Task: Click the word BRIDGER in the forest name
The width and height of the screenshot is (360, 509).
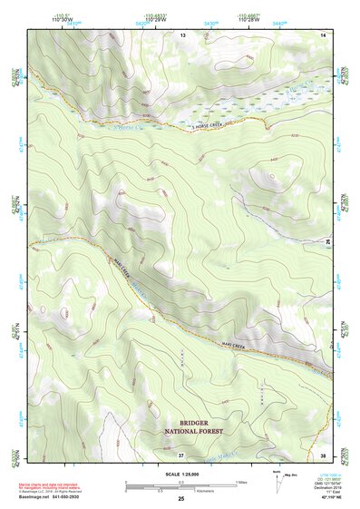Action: coord(194,423)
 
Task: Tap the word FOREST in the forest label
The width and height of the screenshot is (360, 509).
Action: coord(211,432)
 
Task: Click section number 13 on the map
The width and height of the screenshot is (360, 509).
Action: coord(182,34)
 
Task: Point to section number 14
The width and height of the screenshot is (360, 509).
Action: coord(323,34)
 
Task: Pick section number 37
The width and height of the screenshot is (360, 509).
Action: coord(182,454)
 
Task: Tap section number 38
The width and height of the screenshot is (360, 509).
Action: coord(323,454)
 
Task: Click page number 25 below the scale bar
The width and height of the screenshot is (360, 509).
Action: coord(181,499)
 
